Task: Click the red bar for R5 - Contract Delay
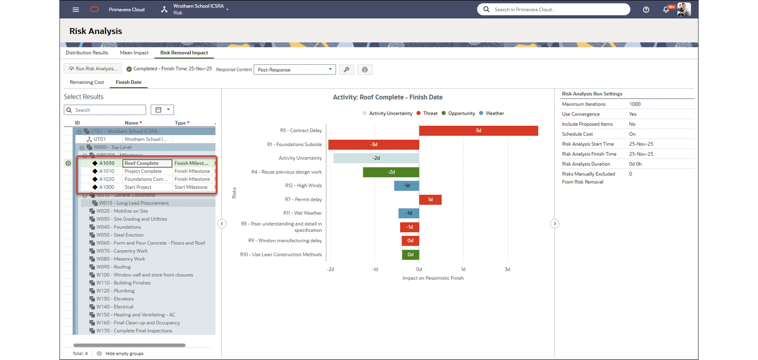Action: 478,131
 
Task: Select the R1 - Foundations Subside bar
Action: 374,145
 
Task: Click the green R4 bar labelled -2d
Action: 391,172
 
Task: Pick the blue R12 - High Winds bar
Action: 407,185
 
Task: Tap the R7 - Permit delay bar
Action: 430,199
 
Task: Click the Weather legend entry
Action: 495,114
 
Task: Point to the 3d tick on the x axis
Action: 507,269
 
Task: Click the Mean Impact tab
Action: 134,53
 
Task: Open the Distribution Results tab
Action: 87,53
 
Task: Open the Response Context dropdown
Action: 295,69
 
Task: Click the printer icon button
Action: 365,69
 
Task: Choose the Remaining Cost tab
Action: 87,82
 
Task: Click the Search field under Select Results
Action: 108,110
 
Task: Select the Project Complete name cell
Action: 143,171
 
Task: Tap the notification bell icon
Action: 666,9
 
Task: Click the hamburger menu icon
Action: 76,9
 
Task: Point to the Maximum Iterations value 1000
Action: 635,104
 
